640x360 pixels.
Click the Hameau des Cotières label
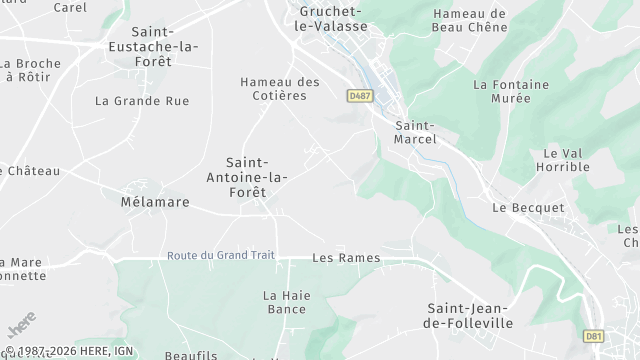point(280,88)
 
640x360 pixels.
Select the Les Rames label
point(346,258)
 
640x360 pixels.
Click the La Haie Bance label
point(285,302)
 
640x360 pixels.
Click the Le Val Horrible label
point(566,160)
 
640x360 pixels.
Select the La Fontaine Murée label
point(510,92)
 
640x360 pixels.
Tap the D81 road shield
point(593,336)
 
